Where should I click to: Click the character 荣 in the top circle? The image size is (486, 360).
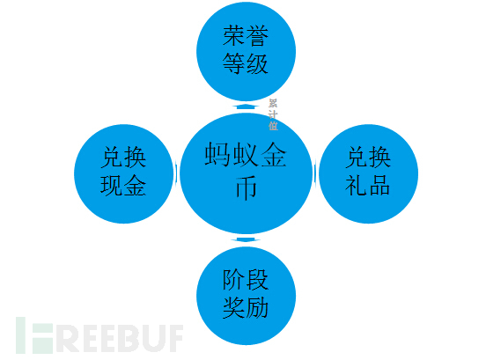(x=234, y=36)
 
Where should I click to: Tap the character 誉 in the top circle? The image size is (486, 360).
(x=257, y=36)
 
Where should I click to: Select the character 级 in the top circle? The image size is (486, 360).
(x=257, y=63)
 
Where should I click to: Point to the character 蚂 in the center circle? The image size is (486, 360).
(x=217, y=154)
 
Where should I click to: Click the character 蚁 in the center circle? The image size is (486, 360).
(x=246, y=154)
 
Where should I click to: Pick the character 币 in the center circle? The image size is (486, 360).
(x=247, y=187)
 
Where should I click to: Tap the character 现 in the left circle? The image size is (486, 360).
(x=112, y=185)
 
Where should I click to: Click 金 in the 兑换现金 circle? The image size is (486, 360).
(x=135, y=185)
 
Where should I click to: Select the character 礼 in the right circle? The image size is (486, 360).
(x=357, y=185)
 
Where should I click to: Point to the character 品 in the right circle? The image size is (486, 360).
(x=379, y=185)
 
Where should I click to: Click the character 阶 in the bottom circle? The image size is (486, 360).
(x=234, y=280)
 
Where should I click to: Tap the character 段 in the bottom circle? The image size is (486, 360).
(x=257, y=280)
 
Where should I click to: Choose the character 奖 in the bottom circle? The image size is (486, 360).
(x=234, y=307)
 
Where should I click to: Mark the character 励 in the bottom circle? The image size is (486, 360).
(x=257, y=307)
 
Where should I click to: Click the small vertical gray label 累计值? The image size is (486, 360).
(x=273, y=114)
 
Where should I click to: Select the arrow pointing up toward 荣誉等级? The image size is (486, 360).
(x=247, y=107)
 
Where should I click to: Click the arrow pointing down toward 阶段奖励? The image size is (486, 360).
(x=246, y=239)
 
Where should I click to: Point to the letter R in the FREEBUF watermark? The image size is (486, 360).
(x=67, y=338)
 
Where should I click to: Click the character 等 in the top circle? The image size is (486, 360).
(x=234, y=63)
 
